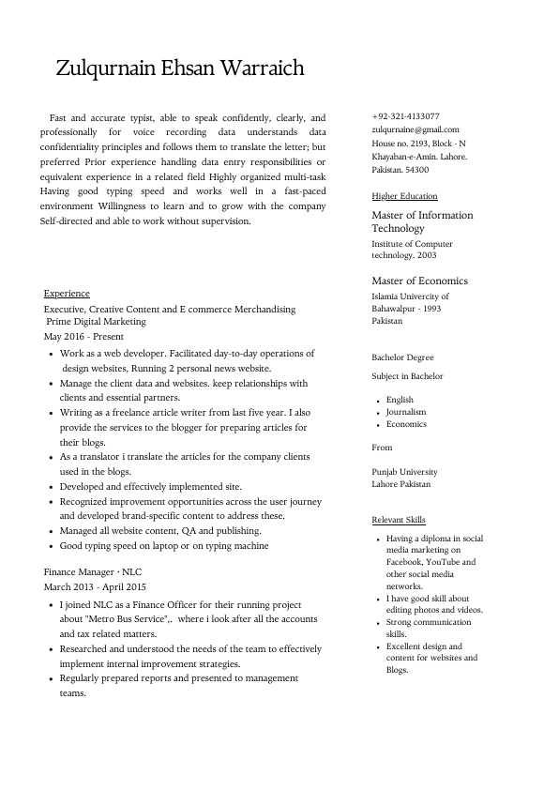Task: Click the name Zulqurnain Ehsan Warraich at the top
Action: tap(180, 68)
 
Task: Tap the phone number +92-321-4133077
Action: tap(405, 116)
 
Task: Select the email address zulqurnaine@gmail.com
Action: tap(415, 129)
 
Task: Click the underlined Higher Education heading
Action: tap(404, 196)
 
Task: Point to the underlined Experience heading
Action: tap(67, 294)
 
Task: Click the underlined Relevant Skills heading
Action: tap(398, 520)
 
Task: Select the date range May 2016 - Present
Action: tap(83, 336)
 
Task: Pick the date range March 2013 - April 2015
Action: tap(95, 586)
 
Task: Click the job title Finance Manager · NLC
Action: tap(92, 571)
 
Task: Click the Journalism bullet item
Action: tap(406, 412)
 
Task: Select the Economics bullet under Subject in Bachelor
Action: tap(406, 424)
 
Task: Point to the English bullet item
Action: tap(400, 400)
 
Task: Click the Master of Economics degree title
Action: tap(419, 281)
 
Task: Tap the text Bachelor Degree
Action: tap(402, 357)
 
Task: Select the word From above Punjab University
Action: tap(382, 448)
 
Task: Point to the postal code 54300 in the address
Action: tap(416, 170)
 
